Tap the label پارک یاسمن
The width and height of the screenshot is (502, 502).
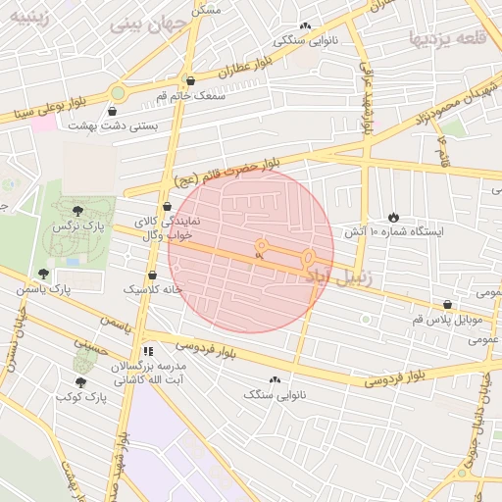(44, 289)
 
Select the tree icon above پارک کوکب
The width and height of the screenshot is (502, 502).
(80, 381)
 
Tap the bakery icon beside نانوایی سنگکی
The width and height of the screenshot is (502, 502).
(305, 26)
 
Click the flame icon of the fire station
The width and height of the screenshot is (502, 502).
(393, 217)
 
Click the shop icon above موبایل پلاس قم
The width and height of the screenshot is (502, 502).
(447, 305)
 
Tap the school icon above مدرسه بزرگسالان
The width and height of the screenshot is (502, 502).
(148, 350)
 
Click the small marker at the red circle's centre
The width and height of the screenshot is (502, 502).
(259, 254)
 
